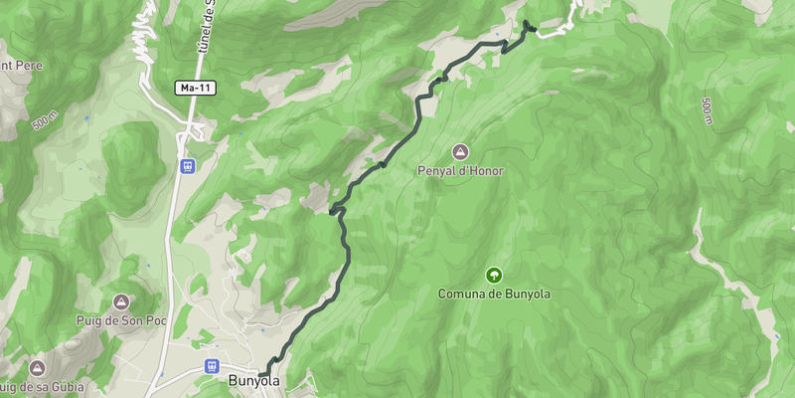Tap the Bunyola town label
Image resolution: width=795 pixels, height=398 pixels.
pos(254,381)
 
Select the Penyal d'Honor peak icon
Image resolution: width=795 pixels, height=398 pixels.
pos(460,151)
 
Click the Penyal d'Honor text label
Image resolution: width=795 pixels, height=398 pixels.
pos(460,171)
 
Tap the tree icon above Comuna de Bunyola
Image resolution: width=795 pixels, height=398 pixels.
pos(493,275)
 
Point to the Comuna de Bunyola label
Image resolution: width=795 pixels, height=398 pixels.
pos(493,295)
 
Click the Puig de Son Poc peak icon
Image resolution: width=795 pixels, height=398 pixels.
pos(121,300)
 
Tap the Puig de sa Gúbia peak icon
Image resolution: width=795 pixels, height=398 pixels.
pos(38,367)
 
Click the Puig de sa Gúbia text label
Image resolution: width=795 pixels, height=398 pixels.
pos(42,386)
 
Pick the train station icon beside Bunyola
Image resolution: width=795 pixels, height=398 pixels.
pos(211,366)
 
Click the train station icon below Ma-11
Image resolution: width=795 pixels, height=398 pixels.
pos(186,166)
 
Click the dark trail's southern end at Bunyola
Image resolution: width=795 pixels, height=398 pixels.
pos(262,375)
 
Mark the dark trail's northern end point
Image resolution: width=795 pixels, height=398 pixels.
pos(526,22)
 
